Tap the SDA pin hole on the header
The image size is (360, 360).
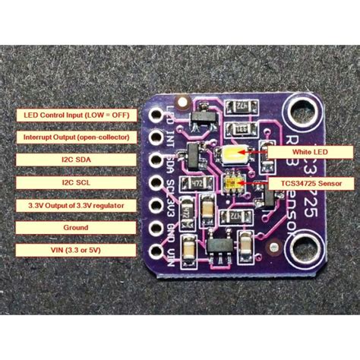(x=160, y=162)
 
